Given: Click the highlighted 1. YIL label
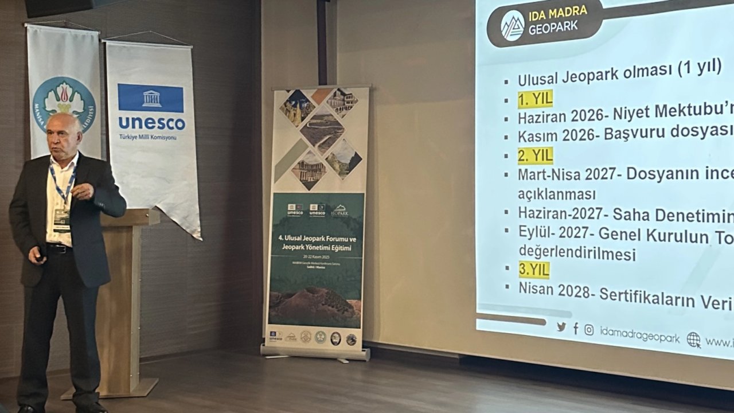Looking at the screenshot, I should (535, 99).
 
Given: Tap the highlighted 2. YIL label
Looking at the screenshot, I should (535, 155).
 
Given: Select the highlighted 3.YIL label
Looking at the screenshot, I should (533, 270).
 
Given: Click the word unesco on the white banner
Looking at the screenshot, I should (151, 123).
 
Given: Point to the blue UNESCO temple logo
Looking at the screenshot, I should (151, 98).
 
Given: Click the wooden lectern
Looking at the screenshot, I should (124, 287).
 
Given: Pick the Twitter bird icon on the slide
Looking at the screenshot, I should (561, 327).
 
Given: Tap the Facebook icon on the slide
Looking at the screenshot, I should (575, 328).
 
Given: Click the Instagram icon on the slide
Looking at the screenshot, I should (589, 329).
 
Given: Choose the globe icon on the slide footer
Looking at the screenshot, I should (693, 340).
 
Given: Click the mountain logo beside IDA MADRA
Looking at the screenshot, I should (513, 25).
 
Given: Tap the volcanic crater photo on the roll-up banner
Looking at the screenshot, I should (315, 305).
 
